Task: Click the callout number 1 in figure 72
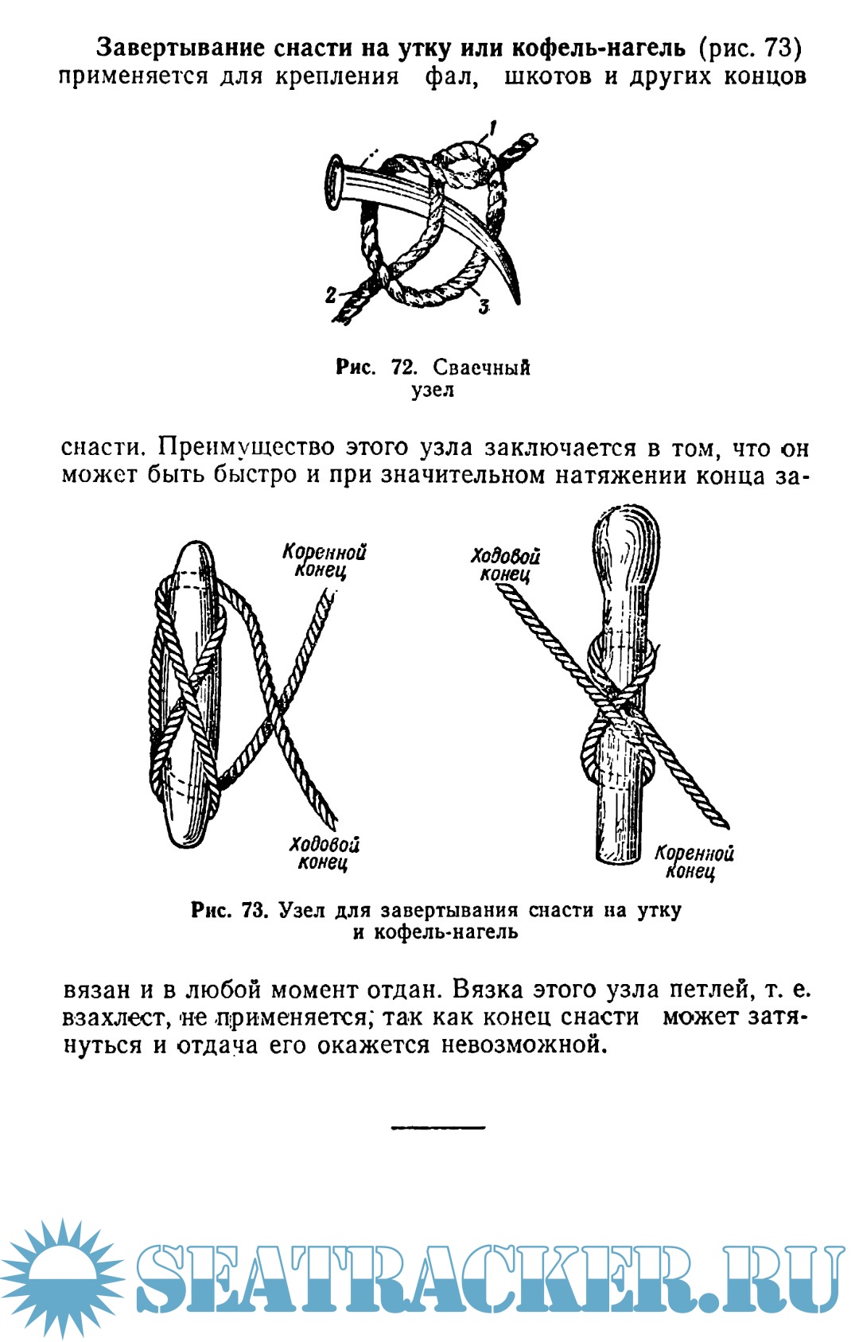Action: [x=494, y=127]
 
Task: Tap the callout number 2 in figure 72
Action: [x=331, y=294]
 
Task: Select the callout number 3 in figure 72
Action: [x=483, y=305]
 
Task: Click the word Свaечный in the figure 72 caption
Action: [x=481, y=368]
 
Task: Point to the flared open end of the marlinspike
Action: [x=336, y=183]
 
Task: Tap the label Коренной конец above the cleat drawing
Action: [x=325, y=561]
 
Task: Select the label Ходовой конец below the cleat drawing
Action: [x=325, y=853]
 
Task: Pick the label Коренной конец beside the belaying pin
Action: [x=694, y=862]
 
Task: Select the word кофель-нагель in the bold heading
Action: [x=598, y=49]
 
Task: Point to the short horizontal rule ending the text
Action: [x=437, y=1127]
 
